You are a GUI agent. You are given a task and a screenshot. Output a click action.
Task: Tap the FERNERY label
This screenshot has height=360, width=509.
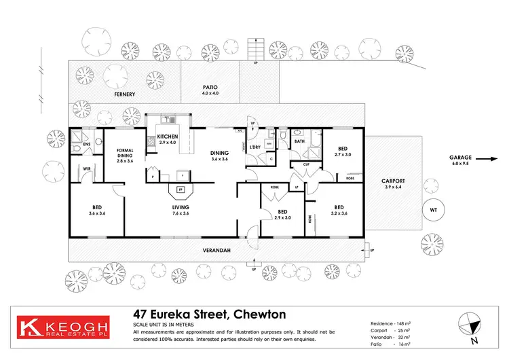pyautogui.click(x=125, y=94)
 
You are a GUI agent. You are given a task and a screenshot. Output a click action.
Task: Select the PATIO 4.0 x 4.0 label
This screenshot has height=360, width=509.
pyautogui.click(x=210, y=90)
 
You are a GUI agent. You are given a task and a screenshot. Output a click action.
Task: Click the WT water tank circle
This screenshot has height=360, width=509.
pyautogui.click(x=433, y=210)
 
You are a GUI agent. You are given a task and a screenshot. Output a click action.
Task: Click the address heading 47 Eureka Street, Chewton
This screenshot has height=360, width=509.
pyautogui.click(x=209, y=314)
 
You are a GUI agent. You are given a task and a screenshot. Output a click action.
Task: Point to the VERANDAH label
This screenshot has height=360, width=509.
pyautogui.click(x=218, y=251)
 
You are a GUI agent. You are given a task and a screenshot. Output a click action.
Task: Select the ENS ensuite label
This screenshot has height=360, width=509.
pyautogui.click(x=86, y=145)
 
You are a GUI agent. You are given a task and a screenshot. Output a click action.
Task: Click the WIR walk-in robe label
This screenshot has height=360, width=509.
pyautogui.click(x=86, y=168)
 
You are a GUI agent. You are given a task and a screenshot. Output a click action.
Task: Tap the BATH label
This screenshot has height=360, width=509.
pyautogui.click(x=299, y=141)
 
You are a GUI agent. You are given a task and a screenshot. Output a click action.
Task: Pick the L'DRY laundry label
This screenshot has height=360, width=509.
pyautogui.click(x=256, y=147)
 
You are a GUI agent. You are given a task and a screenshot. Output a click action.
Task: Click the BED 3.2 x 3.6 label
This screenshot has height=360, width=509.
pyautogui.click(x=337, y=210)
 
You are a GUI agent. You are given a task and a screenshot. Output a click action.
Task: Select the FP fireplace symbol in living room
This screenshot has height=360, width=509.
pyautogui.click(x=181, y=190)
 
